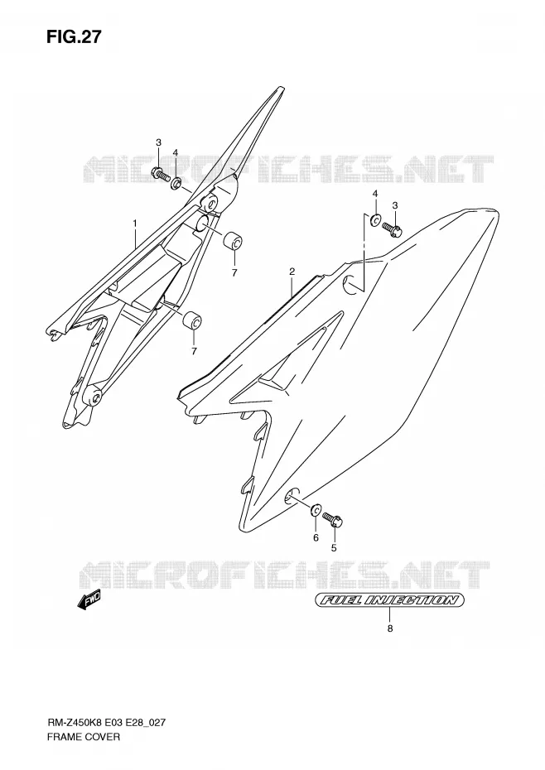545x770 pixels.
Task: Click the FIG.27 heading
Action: [75, 36]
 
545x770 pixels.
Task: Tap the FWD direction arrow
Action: [89, 600]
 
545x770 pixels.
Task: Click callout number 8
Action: [390, 628]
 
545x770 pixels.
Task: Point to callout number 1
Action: [135, 224]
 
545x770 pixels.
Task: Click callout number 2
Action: [292, 271]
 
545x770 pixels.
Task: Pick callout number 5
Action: [334, 548]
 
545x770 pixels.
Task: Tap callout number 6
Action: [316, 537]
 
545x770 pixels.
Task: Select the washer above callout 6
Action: [316, 510]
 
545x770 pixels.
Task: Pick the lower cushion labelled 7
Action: [191, 320]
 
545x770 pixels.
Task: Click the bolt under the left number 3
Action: [160, 174]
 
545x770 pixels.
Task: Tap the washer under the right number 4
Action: [375, 220]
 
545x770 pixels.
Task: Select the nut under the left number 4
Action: [176, 184]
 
